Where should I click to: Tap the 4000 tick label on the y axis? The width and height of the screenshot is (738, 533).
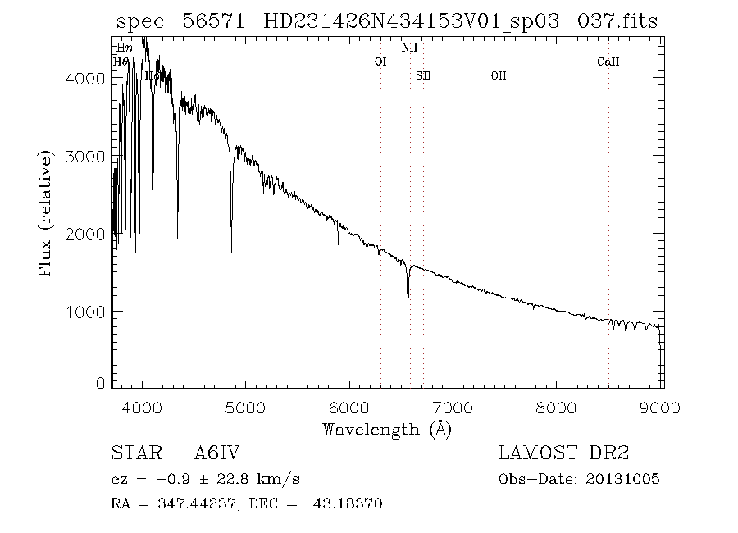(85, 79)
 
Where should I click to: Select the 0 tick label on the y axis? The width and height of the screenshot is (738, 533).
(99, 384)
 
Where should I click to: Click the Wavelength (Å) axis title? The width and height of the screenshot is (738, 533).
(386, 428)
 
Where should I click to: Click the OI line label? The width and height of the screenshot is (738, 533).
(380, 61)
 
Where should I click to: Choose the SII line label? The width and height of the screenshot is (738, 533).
(423, 75)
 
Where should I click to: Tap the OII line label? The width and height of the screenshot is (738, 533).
(499, 75)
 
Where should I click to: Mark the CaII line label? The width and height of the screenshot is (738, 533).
(608, 61)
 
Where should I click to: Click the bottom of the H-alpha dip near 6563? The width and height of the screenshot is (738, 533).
(408, 303)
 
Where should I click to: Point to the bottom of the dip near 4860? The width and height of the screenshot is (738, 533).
(231, 251)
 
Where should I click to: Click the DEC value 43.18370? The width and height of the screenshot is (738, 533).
(348, 503)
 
